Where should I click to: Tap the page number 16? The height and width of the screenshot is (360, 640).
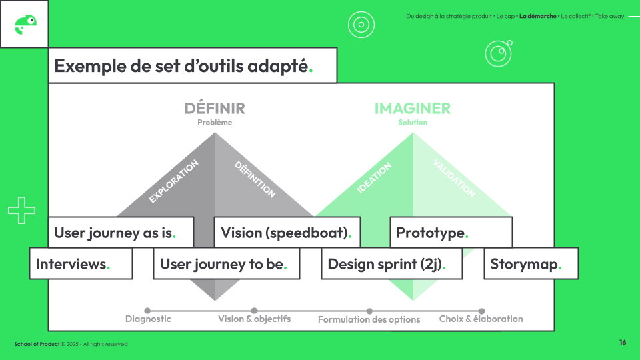[x=623, y=343]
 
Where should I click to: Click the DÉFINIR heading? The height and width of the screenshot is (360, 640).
[x=215, y=108]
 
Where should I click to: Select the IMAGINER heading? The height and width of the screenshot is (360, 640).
[x=413, y=108]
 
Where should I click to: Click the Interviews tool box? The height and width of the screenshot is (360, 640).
[x=81, y=264]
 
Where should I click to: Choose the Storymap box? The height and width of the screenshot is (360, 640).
[x=531, y=264]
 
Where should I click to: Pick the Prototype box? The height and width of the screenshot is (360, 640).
[x=451, y=233]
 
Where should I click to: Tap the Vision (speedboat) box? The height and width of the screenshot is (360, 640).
[x=287, y=233]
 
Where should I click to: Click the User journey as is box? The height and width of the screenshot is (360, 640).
[x=121, y=233]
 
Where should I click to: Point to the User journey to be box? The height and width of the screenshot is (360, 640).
[x=226, y=264]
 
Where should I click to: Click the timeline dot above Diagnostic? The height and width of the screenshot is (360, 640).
[x=147, y=311]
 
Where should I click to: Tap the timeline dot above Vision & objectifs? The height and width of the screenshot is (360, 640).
[x=254, y=311]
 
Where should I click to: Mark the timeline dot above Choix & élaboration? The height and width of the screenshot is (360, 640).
[x=481, y=311]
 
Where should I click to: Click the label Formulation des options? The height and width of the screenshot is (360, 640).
[x=369, y=319]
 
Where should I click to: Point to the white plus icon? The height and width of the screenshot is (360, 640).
[x=21, y=211]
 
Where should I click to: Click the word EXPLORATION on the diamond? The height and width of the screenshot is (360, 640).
[x=173, y=181]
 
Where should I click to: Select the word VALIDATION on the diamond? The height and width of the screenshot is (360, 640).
[x=454, y=178]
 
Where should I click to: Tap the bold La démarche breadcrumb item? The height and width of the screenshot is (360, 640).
[x=538, y=16]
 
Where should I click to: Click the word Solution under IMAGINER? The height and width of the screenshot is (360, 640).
[x=413, y=123]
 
